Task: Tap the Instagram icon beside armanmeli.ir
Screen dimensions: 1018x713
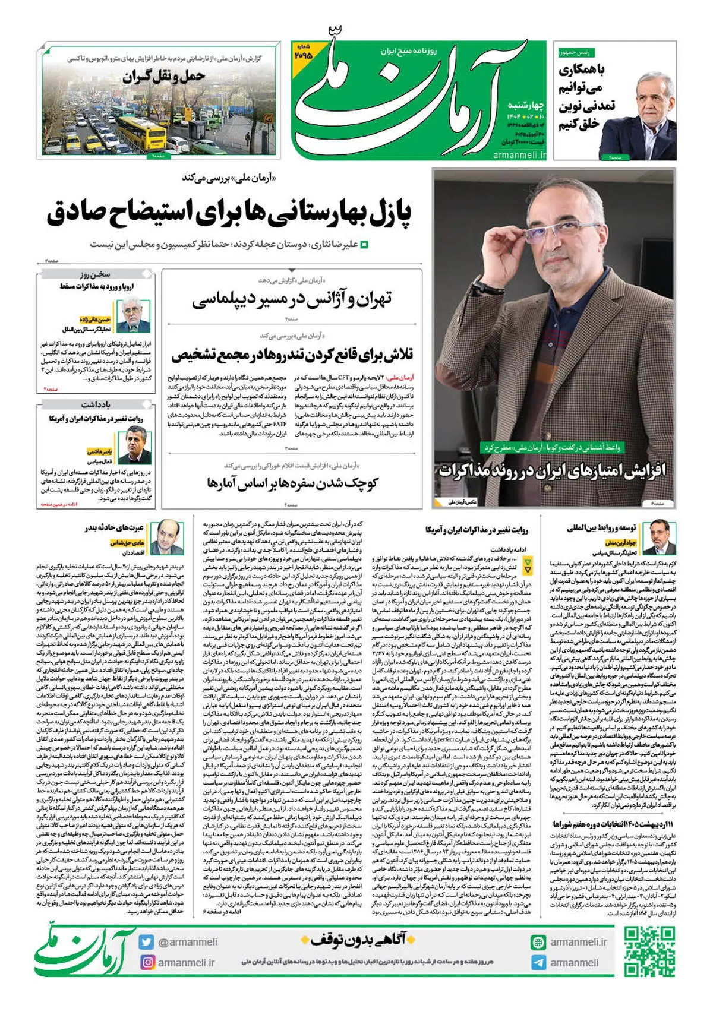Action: pos(147,962)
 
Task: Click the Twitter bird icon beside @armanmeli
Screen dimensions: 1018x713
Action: pos(147,942)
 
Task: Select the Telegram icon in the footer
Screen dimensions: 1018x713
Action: pos(538,963)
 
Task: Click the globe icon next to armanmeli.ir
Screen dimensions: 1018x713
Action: pos(538,942)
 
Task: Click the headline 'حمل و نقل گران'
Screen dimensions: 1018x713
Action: pos(164,77)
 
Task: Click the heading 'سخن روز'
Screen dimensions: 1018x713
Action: pos(95,274)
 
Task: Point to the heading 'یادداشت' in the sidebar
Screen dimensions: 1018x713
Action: pos(96,404)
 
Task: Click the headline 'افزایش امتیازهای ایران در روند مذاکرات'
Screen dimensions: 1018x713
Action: pos(553,471)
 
